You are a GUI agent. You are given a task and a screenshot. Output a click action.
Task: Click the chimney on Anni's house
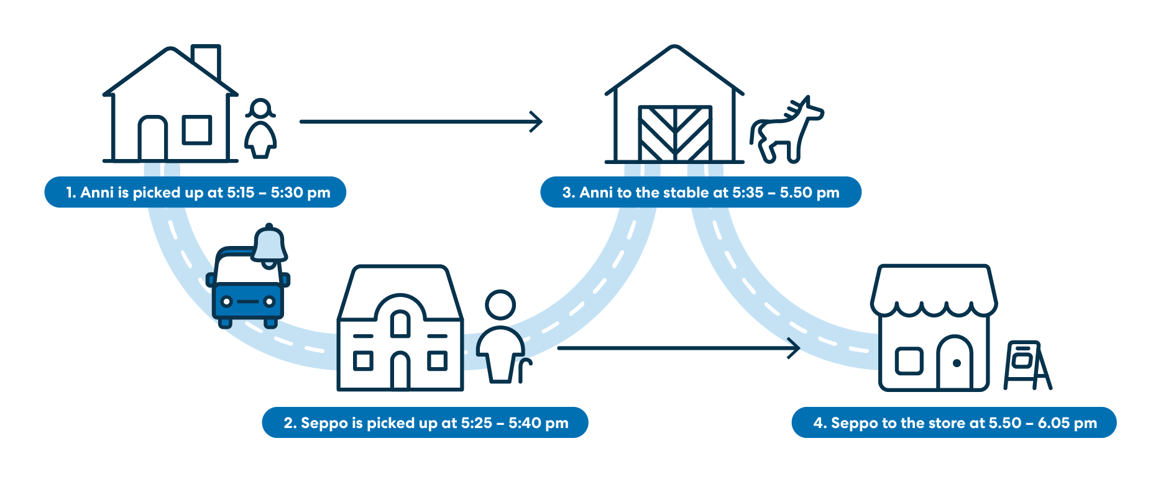pyautogui.click(x=206, y=60)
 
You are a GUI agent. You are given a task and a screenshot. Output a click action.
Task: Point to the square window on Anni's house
pyautogui.click(x=197, y=130)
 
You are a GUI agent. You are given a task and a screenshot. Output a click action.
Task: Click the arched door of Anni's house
pyautogui.click(x=152, y=139)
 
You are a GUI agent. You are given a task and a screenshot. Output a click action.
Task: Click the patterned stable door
pyautogui.click(x=675, y=134)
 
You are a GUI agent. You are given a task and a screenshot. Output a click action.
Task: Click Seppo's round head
pyautogui.click(x=500, y=305)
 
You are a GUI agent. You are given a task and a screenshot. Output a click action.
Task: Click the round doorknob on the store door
pyautogui.click(x=957, y=363)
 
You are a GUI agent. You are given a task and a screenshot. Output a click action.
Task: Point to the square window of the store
pyautogui.click(x=909, y=361)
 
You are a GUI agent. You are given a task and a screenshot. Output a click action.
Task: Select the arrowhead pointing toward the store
pyautogui.click(x=795, y=348)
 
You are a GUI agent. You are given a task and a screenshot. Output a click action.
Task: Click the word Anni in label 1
pyautogui.click(x=97, y=193)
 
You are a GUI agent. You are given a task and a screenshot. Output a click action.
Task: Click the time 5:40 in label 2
pyautogui.click(x=525, y=423)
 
